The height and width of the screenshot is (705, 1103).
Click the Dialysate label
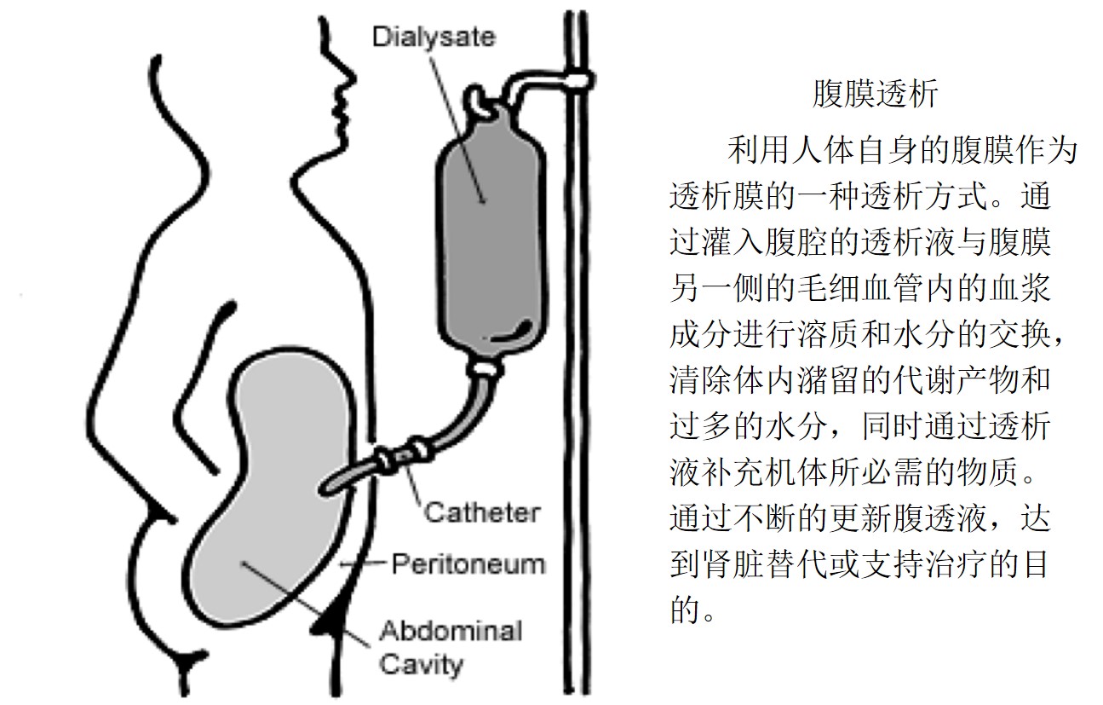(x=433, y=37)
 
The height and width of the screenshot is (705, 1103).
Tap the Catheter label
(x=481, y=512)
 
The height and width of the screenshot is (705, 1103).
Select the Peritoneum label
(x=468, y=563)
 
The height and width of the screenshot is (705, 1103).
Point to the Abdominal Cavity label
(x=450, y=647)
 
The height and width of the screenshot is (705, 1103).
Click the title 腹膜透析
(x=875, y=95)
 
